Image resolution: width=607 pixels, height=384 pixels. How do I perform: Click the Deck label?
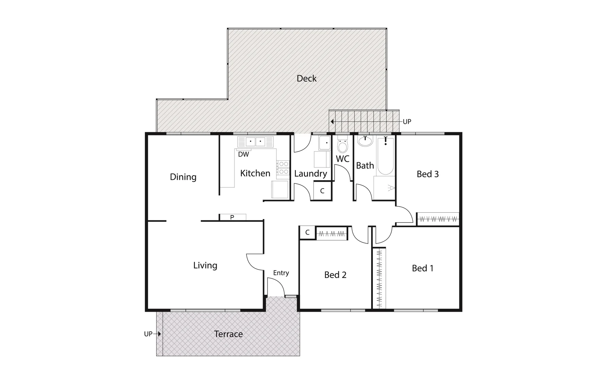tap(306, 79)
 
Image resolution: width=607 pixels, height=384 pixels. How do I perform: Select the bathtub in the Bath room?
tap(385, 156)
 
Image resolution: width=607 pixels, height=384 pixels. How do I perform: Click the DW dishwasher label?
tap(243, 155)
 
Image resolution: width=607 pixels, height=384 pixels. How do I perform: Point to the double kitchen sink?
tap(255, 142)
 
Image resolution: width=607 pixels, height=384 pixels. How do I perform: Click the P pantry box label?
tap(232, 217)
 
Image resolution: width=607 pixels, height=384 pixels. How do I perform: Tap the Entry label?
tap(281, 273)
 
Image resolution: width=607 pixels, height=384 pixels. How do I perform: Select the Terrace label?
tap(228, 334)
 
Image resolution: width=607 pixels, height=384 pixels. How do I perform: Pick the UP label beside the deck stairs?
tap(407, 122)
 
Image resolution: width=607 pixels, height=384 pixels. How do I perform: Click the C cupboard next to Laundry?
tap(322, 191)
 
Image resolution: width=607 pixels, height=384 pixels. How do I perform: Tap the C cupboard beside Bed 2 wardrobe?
tap(307, 233)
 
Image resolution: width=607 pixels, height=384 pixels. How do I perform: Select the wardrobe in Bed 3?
tap(438, 219)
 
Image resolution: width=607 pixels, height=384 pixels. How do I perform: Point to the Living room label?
tap(205, 266)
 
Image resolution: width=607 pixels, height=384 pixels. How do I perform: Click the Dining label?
tap(183, 177)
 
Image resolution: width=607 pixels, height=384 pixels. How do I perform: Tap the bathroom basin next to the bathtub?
tap(365, 141)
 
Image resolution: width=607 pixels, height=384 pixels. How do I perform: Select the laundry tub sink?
tap(324, 143)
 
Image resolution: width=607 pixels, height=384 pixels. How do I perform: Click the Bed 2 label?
tap(335, 275)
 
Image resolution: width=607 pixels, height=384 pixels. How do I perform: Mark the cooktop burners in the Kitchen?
tap(284, 168)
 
